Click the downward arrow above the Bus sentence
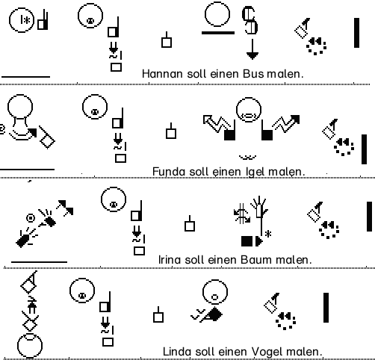pyautogui.click(x=252, y=49)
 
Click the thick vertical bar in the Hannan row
pyautogui.click(x=356, y=33)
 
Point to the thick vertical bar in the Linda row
pyautogui.click(x=326, y=308)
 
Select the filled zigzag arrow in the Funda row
pyautogui.click(x=286, y=123)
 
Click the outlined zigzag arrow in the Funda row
pyautogui.click(x=217, y=123)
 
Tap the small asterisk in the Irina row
pyautogui.click(x=268, y=234)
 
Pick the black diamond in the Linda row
pyautogui.click(x=214, y=314)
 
